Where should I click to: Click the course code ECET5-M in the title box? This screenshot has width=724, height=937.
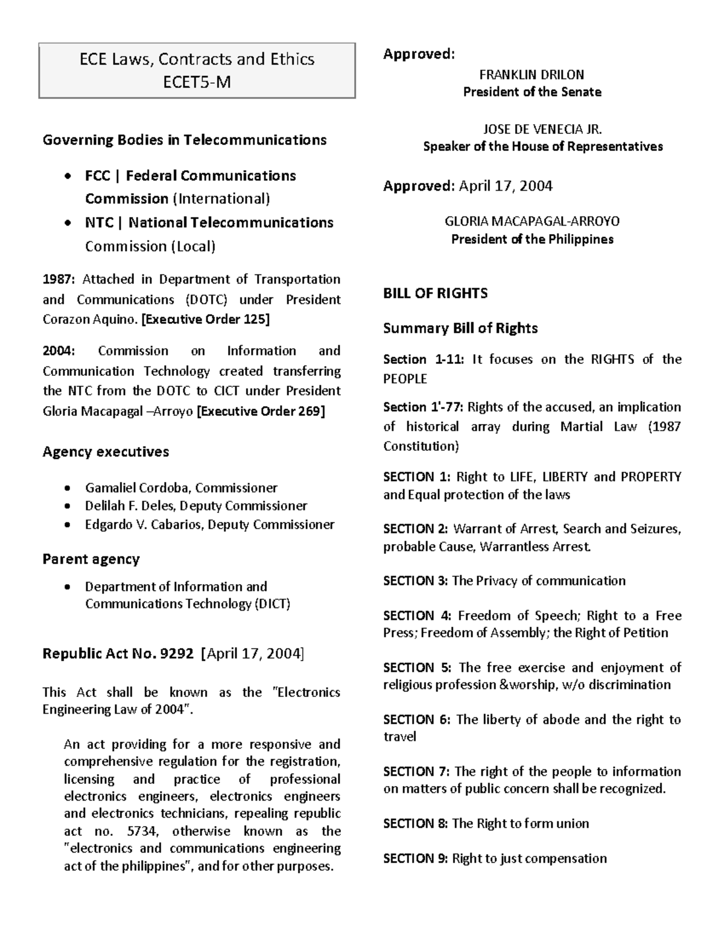tap(197, 81)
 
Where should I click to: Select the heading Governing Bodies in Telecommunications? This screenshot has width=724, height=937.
tap(184, 140)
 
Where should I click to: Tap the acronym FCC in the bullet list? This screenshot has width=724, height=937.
tap(97, 176)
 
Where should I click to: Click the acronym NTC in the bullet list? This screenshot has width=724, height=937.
tap(99, 223)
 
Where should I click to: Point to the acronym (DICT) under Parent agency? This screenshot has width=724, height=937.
tap(271, 604)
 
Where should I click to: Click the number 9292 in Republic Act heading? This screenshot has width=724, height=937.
tap(174, 653)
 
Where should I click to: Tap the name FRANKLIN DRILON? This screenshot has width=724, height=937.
tap(532, 75)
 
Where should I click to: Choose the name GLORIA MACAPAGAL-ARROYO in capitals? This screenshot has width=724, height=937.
tap(532, 221)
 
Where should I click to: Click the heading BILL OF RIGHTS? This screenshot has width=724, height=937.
tap(435, 293)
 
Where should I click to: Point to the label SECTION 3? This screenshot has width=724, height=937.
tap(415, 581)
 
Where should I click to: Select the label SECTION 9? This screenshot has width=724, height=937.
tap(415, 859)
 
